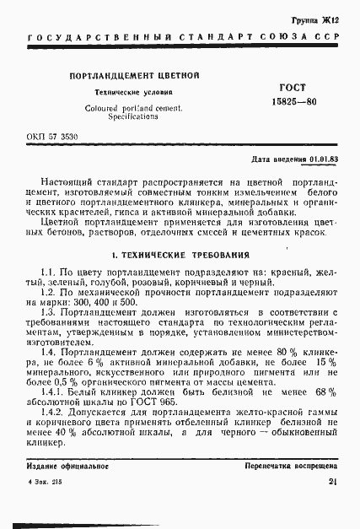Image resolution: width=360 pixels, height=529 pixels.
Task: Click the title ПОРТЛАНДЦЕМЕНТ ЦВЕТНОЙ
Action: coord(134,77)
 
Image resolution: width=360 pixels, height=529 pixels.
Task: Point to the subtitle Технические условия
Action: coord(133,93)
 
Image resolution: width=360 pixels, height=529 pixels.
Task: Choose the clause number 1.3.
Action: coord(49,314)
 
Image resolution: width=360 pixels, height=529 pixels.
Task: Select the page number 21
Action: coord(332,483)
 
